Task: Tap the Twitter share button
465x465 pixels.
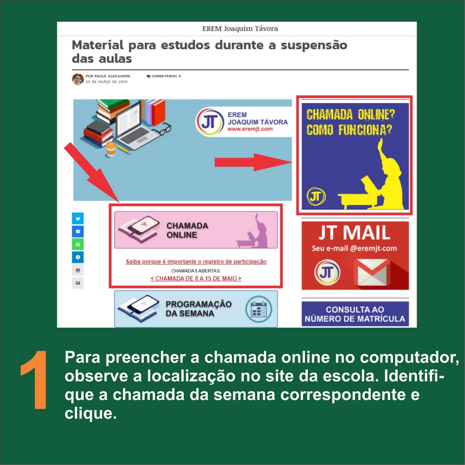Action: coord(78,219)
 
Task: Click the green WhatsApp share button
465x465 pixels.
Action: coord(78,245)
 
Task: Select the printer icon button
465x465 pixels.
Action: coord(78,270)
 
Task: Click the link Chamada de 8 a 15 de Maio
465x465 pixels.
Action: coord(196,279)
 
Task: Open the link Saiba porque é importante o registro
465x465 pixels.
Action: coord(196,261)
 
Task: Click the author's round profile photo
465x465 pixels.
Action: coord(78,79)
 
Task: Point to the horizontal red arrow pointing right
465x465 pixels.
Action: coord(253,162)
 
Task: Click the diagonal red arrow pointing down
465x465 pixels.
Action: coord(92,173)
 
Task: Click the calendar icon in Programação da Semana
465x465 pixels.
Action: coord(259,309)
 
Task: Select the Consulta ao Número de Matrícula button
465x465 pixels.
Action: coord(355,314)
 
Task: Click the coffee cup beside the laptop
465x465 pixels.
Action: coord(111,149)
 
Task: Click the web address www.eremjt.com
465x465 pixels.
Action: coord(250,129)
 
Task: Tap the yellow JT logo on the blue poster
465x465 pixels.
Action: coord(316,196)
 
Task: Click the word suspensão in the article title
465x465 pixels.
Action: coord(314,46)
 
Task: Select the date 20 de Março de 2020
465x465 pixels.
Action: coord(106,82)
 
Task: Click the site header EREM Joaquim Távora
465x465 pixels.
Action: coord(240,29)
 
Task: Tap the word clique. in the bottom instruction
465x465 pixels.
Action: coord(91,413)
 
